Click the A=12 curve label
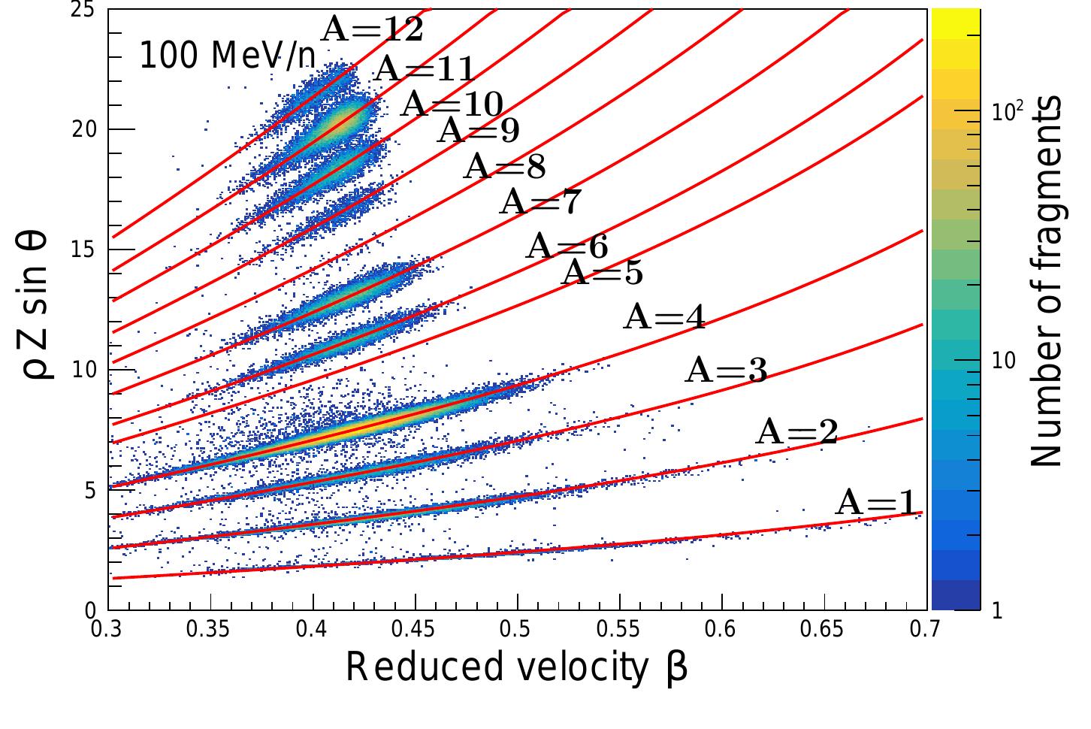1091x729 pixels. pyautogui.click(x=372, y=29)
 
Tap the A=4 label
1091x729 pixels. pyautogui.click(x=665, y=317)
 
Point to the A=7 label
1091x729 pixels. pyautogui.click(x=539, y=201)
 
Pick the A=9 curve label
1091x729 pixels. pyautogui.click(x=478, y=130)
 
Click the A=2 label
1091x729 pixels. pyautogui.click(x=796, y=432)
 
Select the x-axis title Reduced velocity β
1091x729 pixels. pyautogui.click(x=516, y=668)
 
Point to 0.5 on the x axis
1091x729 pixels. pyautogui.click(x=517, y=628)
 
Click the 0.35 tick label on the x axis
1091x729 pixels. pyautogui.click(x=210, y=628)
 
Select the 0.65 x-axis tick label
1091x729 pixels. pyautogui.click(x=824, y=628)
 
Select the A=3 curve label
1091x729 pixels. pyautogui.click(x=726, y=371)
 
